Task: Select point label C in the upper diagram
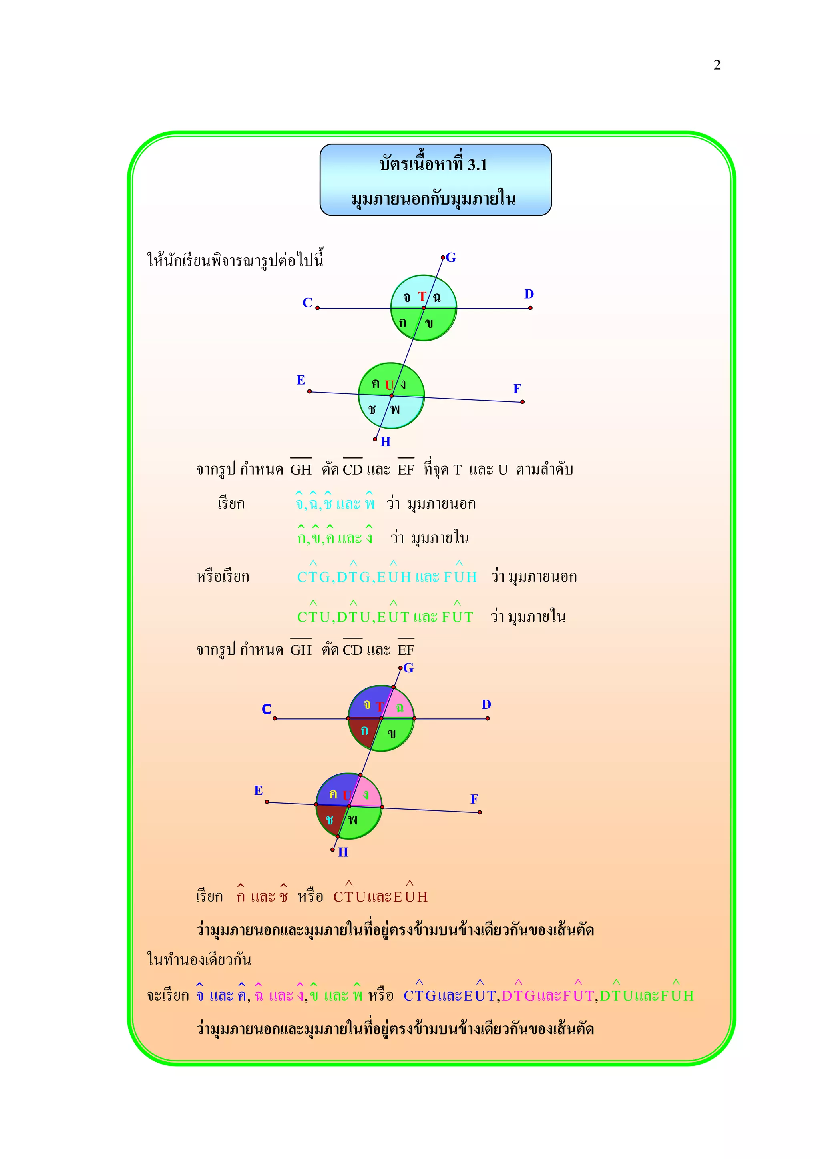point(307,303)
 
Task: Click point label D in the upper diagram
point(529,294)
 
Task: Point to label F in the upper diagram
point(517,389)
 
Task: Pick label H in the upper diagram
point(385,442)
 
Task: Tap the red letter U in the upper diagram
point(389,385)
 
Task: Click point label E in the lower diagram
point(258,790)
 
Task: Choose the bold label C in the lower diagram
point(266,709)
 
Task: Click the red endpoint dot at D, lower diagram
point(487,718)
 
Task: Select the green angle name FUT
point(457,616)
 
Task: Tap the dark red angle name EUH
point(410,896)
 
